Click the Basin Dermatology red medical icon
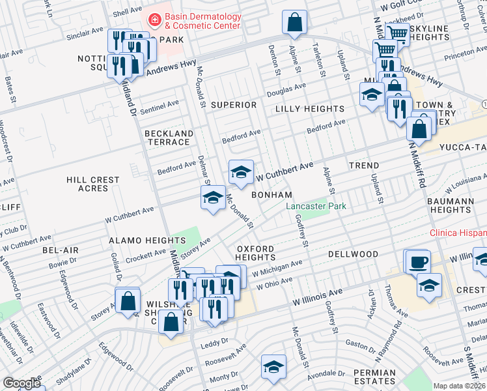[x=155, y=20]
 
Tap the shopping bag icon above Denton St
[x=295, y=22]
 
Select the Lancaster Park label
[x=316, y=207]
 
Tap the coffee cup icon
[x=417, y=262]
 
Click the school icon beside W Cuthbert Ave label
[x=241, y=173]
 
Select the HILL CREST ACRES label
[x=93, y=184]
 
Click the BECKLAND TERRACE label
[x=169, y=138]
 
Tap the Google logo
[x=21, y=383]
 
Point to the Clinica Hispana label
[x=458, y=233]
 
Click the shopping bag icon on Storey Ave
[x=128, y=300]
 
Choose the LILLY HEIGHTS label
[x=309, y=109]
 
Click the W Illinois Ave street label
[x=317, y=300]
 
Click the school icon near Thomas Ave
[x=429, y=285]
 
